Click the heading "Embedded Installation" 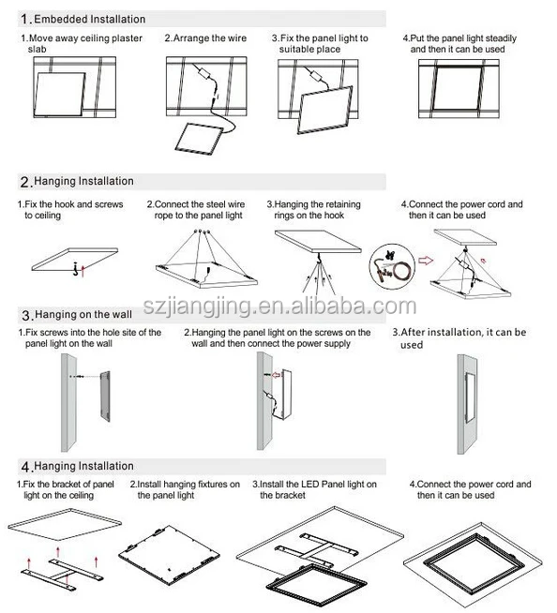tap(90, 19)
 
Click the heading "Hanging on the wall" tap(83, 315)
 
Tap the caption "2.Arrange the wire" tap(205, 37)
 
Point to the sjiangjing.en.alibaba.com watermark tap(279, 306)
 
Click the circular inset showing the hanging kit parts tap(392, 267)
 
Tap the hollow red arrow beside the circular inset tap(426, 261)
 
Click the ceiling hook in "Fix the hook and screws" tap(76, 269)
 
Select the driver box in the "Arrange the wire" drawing tap(205, 74)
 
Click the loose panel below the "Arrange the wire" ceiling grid tap(199, 137)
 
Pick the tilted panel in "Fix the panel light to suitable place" tap(324, 111)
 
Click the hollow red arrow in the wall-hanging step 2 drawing tap(277, 375)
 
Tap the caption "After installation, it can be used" tap(459, 338)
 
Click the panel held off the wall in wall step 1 tap(105, 396)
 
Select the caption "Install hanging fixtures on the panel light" tap(185, 489)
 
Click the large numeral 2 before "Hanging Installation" tap(24, 182)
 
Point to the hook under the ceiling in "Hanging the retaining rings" tap(319, 258)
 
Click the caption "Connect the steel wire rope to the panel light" tap(196, 210)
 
